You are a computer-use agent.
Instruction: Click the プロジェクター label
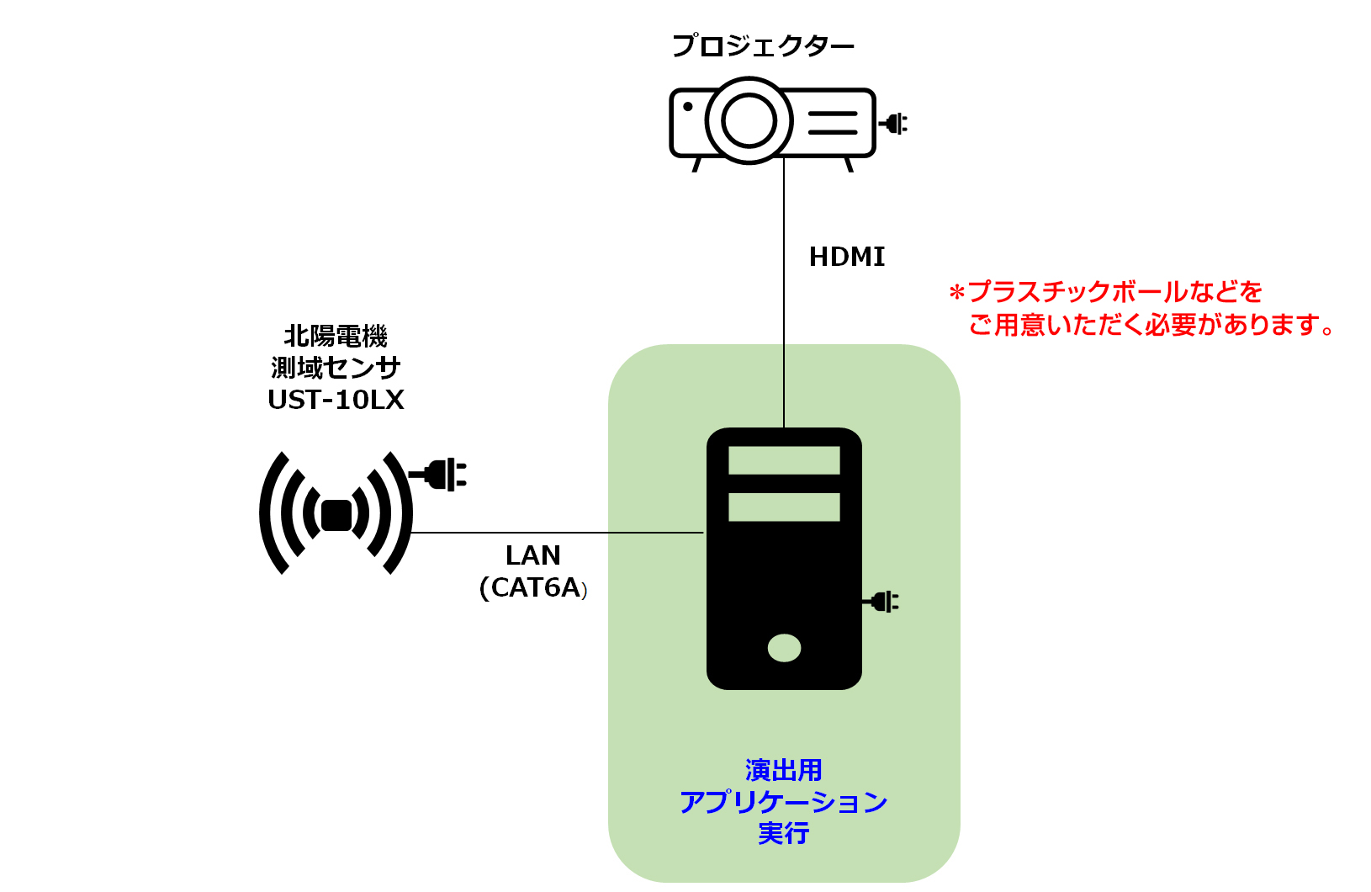762,45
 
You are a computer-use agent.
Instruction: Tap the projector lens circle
749,120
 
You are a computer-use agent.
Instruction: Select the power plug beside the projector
894,124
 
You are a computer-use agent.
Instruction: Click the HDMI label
847,257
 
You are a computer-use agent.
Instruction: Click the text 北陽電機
336,337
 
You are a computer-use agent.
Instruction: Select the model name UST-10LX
336,400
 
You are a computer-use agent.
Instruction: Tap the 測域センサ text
336,368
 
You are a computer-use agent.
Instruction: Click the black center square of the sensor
336,515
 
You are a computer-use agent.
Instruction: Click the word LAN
533,555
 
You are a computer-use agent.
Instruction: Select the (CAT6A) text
533,587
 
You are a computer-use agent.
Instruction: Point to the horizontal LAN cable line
555,533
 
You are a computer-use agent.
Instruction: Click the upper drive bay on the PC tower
784,460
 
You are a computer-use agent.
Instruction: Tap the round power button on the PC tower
784,648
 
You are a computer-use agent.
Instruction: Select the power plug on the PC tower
881,602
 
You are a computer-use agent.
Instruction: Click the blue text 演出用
783,770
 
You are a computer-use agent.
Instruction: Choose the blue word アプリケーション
783,802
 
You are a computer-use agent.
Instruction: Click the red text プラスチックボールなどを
1114,292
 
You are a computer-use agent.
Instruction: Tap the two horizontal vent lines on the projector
833,123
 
